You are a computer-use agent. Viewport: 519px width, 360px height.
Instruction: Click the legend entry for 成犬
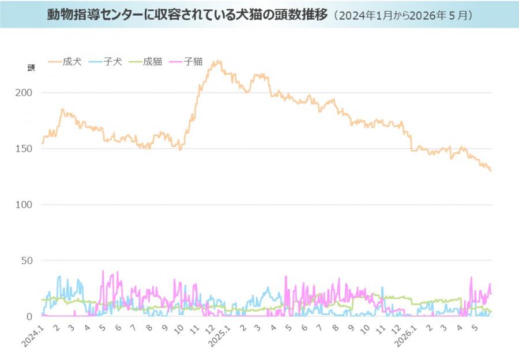(65, 62)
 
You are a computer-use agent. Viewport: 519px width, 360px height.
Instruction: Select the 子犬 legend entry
(106, 62)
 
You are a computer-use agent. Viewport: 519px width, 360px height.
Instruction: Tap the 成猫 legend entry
(145, 62)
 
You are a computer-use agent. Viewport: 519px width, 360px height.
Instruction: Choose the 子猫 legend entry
(186, 62)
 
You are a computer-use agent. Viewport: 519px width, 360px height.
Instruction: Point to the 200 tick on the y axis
(24, 93)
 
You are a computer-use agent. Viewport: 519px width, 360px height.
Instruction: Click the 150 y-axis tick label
(24, 149)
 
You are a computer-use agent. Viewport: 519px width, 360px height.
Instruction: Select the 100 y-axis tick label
(24, 205)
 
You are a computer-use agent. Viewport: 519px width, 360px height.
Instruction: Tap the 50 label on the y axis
(27, 261)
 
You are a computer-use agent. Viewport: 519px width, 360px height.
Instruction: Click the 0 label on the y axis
(29, 317)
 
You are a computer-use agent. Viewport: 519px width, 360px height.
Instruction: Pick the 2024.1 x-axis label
(32, 336)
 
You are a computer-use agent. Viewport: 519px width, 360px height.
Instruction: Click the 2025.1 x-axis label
(219, 336)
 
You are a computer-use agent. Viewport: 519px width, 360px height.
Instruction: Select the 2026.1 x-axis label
(405, 336)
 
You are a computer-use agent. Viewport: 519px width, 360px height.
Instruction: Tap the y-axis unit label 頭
(31, 68)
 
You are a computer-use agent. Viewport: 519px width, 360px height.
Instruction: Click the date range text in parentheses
(403, 16)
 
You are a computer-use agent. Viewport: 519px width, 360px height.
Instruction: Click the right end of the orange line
(491, 171)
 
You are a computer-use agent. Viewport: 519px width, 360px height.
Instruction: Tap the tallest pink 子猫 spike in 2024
(103, 271)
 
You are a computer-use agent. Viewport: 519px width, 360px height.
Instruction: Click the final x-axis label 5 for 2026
(475, 328)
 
